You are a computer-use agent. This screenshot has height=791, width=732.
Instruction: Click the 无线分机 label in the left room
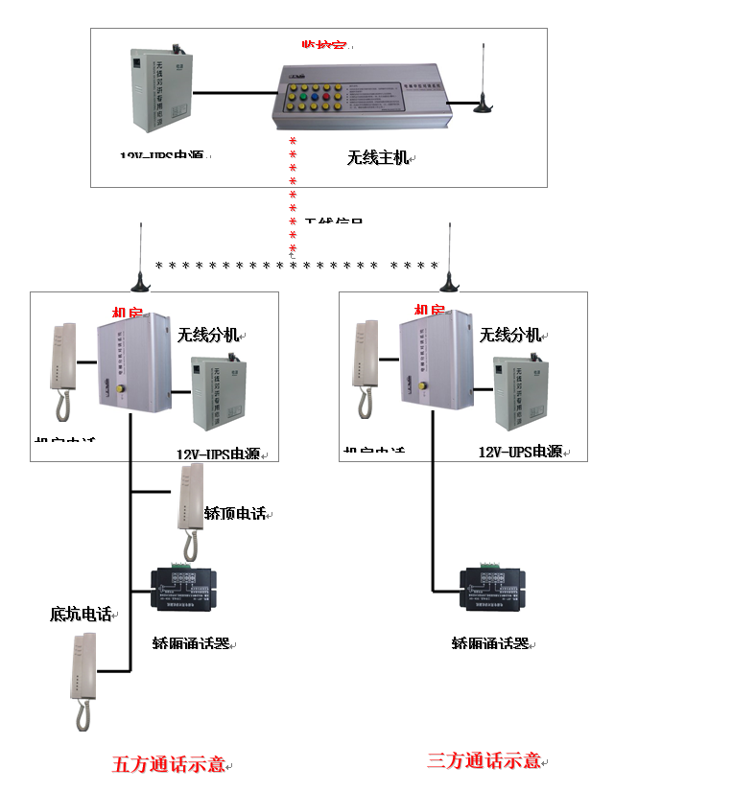click(x=206, y=336)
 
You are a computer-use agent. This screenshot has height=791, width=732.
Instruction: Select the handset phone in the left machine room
click(x=63, y=369)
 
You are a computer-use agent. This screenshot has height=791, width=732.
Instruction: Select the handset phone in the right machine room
click(x=366, y=367)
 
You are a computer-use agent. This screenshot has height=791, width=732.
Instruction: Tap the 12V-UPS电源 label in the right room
click(x=520, y=452)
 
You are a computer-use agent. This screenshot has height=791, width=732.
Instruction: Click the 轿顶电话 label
click(x=234, y=514)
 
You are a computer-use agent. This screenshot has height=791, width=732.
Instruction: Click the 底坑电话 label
click(x=81, y=614)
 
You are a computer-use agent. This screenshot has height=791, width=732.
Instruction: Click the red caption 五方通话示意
click(x=169, y=764)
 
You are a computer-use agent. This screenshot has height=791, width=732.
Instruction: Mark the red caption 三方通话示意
click(x=483, y=760)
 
